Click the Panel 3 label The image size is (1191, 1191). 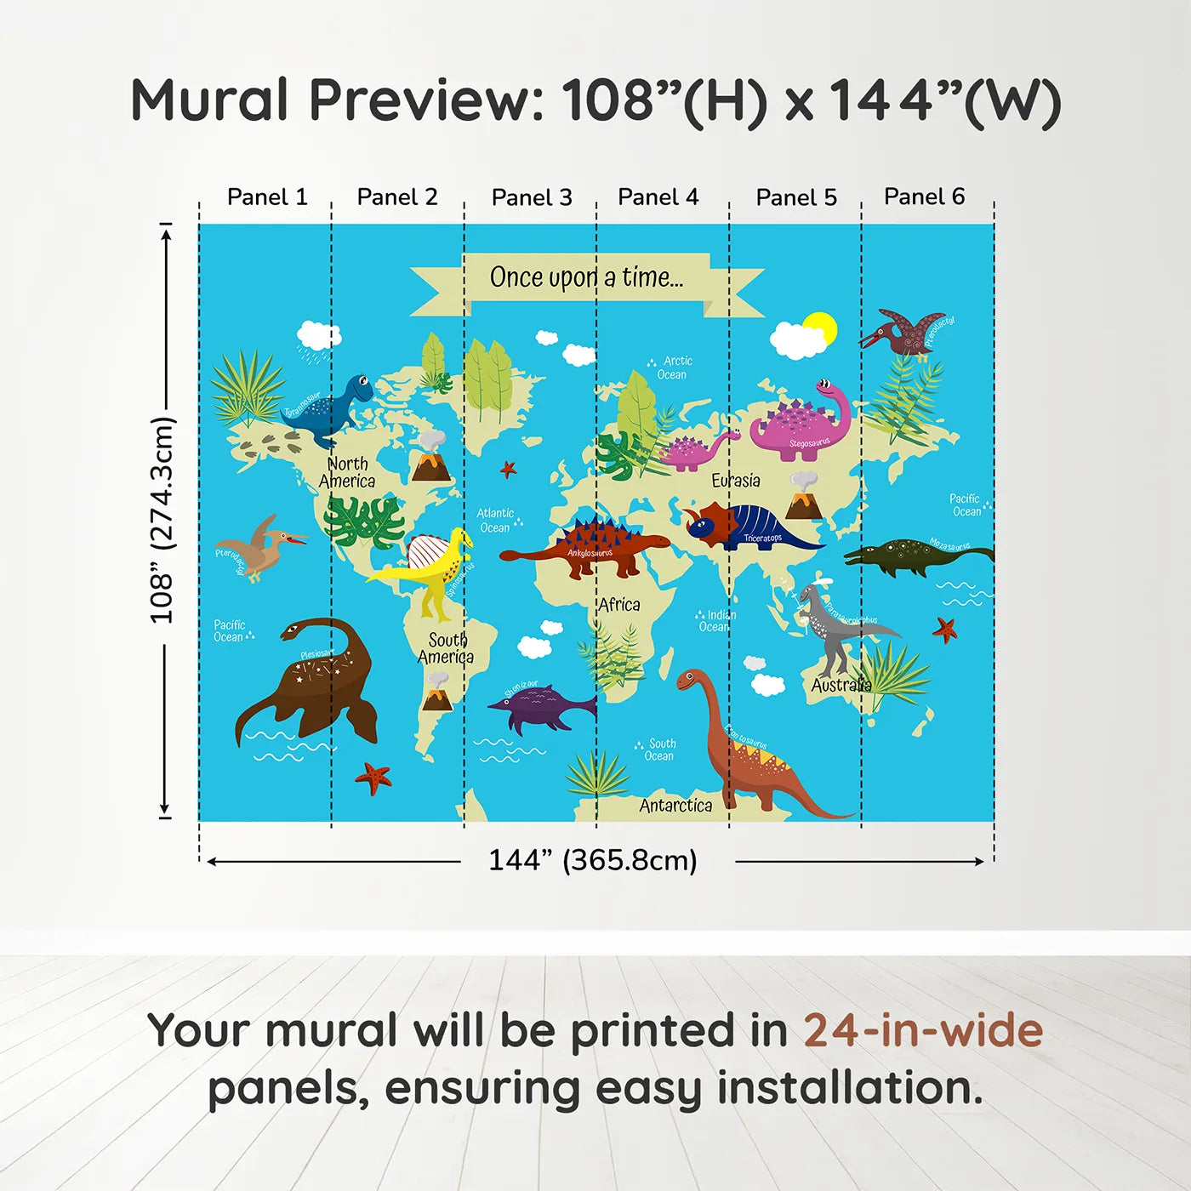pos(532,197)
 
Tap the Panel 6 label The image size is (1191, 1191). pos(924,197)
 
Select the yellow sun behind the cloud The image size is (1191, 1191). pos(823,327)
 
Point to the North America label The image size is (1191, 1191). pos(348,472)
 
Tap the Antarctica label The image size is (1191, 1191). pos(675,805)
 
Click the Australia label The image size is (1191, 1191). pos(841,685)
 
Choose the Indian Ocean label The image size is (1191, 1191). pos(716,620)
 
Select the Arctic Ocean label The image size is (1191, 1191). pos(675,368)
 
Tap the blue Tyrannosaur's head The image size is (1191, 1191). pos(360,388)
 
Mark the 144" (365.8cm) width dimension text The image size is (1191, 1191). pos(592,860)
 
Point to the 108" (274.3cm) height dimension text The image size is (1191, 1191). pos(161,520)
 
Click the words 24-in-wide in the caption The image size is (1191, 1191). pos(923,1031)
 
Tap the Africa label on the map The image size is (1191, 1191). pos(618,605)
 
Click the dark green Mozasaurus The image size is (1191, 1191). pos(910,556)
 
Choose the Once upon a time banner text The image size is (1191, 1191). pos(586,277)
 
